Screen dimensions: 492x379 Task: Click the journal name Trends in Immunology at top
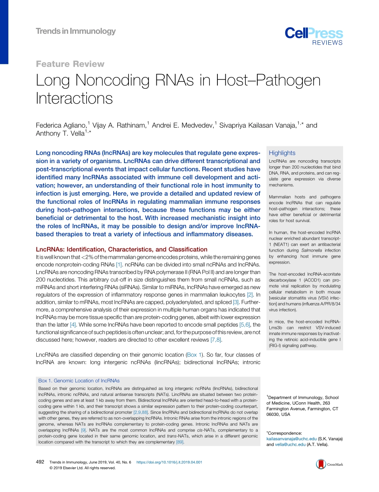pyautogui.click(x=75, y=31)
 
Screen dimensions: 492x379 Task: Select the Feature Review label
pyautogui.click(x=70, y=64)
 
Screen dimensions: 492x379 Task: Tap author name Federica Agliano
pyautogui.click(x=61, y=125)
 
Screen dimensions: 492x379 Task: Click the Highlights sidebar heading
pyautogui.click(x=282, y=153)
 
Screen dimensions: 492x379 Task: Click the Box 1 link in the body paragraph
pyautogui.click(x=195, y=354)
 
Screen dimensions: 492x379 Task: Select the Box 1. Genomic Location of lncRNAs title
pyautogui.click(x=79, y=381)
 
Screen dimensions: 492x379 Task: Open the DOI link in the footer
pyautogui.click(x=169, y=462)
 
